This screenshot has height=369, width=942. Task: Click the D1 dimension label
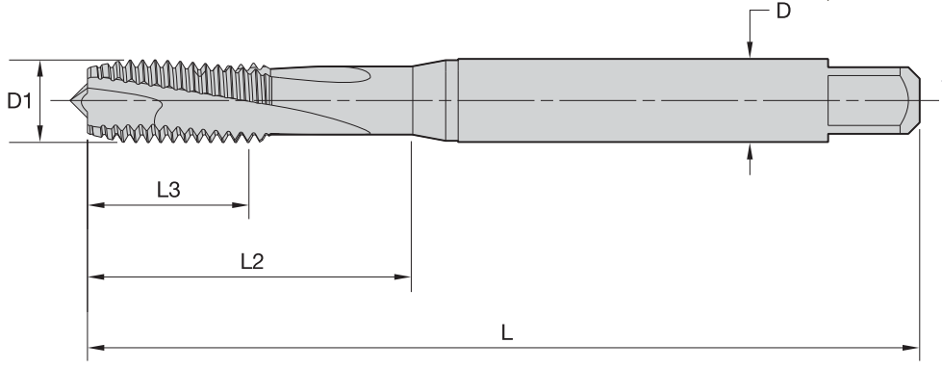tap(18, 101)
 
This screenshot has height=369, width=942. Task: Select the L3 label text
tap(168, 190)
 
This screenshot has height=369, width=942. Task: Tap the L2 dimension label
tap(252, 262)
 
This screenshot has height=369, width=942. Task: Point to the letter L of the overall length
tap(507, 333)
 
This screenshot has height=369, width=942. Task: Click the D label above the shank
tap(783, 11)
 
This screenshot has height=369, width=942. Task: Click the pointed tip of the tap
tap(71, 100)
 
